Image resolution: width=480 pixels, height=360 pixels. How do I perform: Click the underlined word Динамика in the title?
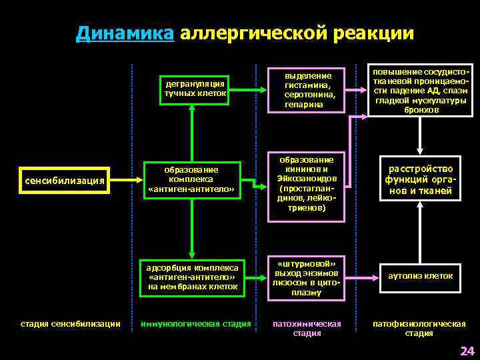pyautogui.click(x=125, y=33)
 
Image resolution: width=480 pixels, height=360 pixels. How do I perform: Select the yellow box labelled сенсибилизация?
pyautogui.click(x=64, y=181)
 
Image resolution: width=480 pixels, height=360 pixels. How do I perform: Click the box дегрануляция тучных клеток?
pyautogui.click(x=195, y=89)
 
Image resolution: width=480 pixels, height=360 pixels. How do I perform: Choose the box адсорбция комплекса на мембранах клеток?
pyautogui.click(x=193, y=277)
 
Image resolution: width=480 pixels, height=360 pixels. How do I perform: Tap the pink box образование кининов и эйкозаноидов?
pyautogui.click(x=307, y=185)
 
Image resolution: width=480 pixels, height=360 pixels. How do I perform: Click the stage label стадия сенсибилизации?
pyautogui.click(x=70, y=324)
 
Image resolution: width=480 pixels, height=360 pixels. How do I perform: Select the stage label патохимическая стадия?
pyautogui.click(x=307, y=329)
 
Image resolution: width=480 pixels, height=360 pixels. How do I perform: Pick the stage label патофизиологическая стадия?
pyautogui.click(x=419, y=329)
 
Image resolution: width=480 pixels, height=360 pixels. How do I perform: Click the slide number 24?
pyautogui.click(x=466, y=351)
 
